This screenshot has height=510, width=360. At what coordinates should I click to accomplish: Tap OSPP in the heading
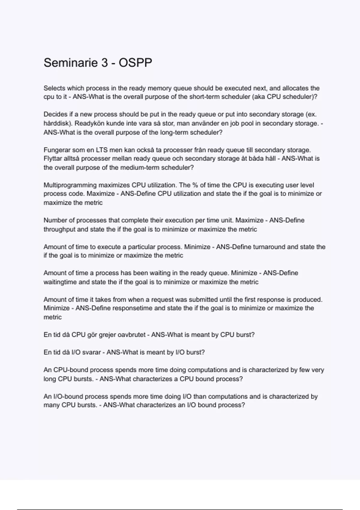click(x=135, y=63)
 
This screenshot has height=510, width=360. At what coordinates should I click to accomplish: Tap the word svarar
click(x=91, y=352)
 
